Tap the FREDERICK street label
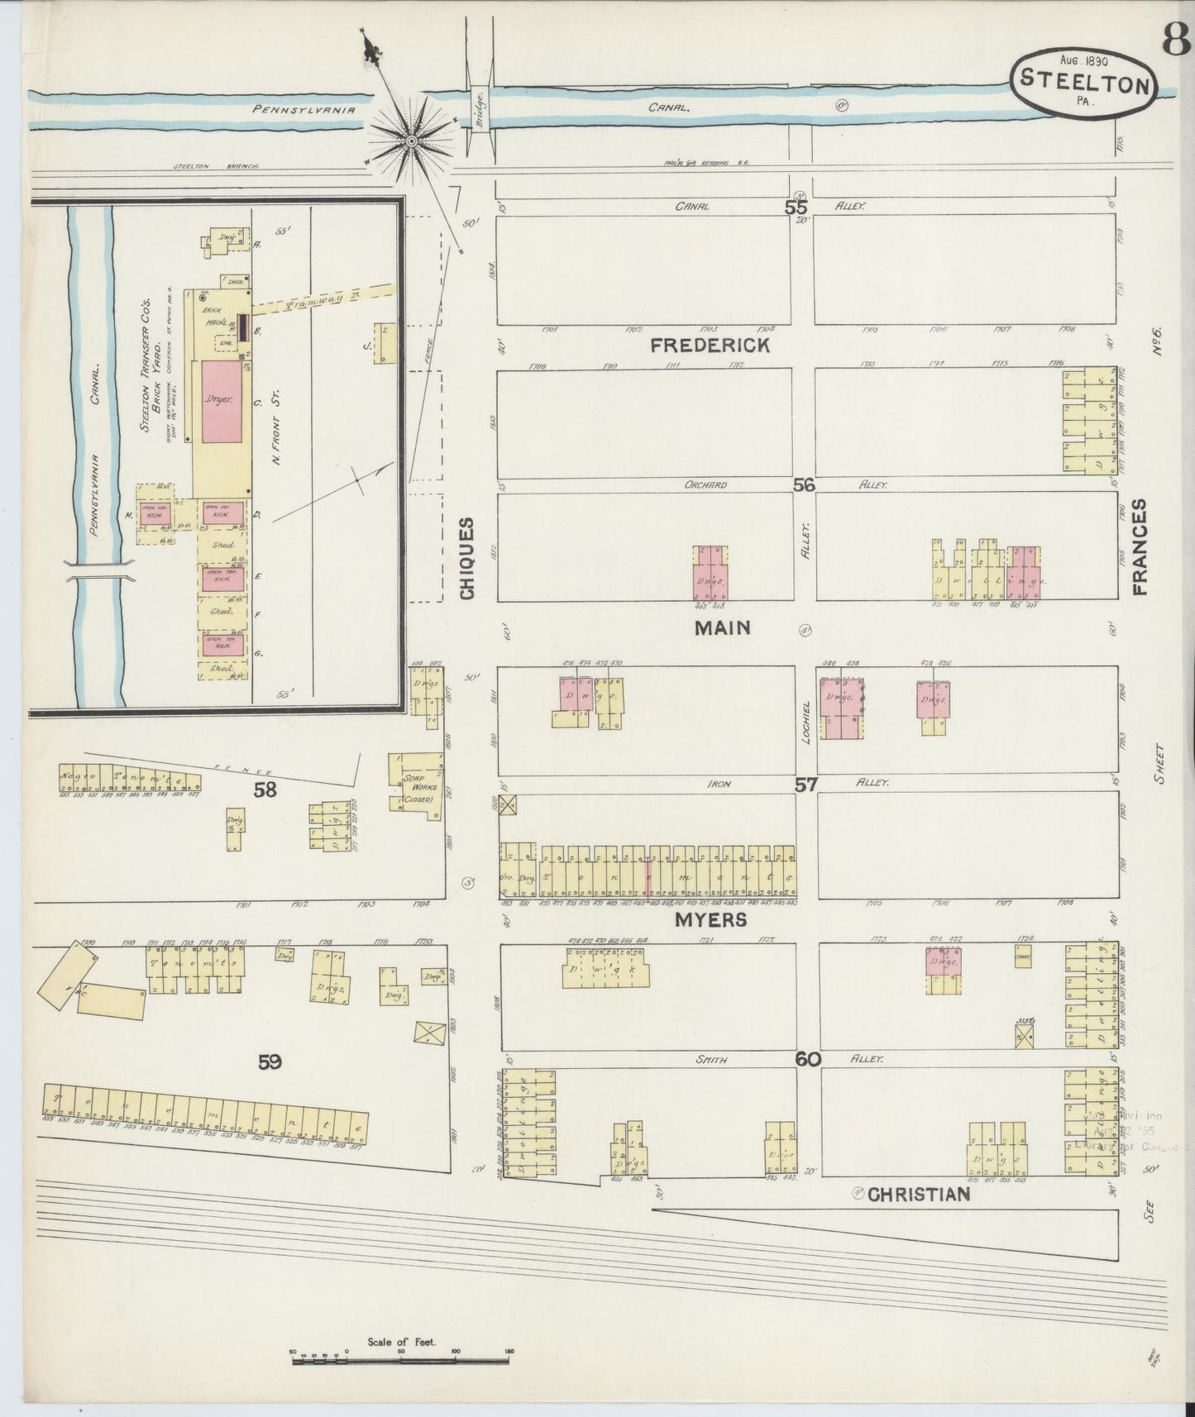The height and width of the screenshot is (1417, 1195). click(x=710, y=346)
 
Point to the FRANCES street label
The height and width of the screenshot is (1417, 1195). click(x=1142, y=547)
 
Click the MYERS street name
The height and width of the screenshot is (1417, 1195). click(x=710, y=920)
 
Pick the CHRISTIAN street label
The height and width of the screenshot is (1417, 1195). click(x=919, y=1194)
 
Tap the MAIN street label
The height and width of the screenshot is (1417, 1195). click(x=722, y=628)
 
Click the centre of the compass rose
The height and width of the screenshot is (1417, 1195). click(x=409, y=141)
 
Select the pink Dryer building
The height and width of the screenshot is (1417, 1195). click(x=220, y=400)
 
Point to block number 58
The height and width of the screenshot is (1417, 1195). click(x=265, y=790)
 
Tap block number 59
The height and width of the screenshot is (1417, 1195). click(x=270, y=1063)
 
